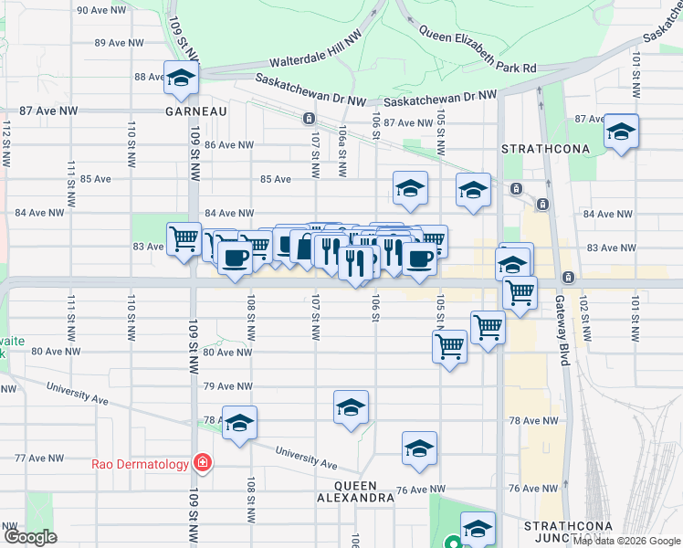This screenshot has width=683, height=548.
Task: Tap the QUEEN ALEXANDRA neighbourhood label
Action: [351, 491]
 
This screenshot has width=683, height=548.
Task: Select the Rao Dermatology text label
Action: [140, 464]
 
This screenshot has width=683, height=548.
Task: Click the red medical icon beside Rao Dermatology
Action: [200, 464]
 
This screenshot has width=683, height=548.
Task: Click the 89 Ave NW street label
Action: [119, 43]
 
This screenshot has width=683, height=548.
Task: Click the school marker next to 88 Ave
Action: [181, 79]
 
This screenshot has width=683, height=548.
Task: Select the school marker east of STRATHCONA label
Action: [621, 132]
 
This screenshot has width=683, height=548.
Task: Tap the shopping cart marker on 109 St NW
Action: [184, 239]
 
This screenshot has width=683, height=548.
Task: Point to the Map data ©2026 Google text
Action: [625, 541]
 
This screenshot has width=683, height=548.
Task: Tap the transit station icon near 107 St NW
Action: [309, 118]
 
